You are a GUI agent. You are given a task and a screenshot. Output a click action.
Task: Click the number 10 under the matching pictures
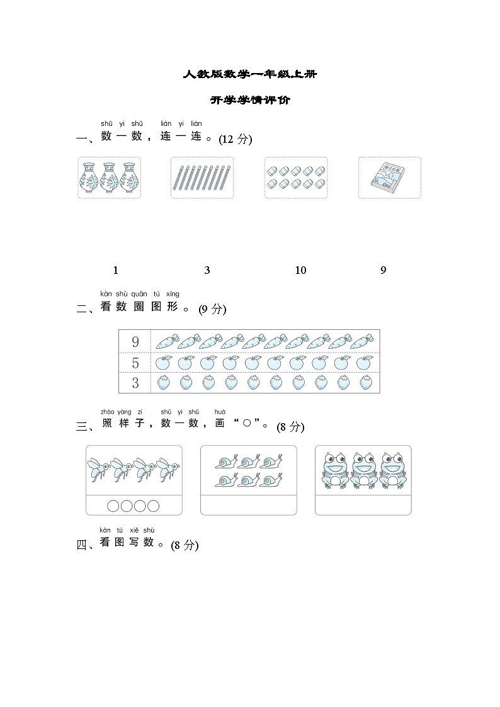point(300,271)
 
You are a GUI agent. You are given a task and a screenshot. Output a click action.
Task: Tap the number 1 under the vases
point(115,271)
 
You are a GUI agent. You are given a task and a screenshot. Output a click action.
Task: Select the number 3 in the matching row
point(207,271)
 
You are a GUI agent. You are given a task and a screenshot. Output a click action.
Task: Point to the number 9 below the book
point(383,271)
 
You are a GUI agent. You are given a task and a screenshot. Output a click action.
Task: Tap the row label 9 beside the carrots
point(135,342)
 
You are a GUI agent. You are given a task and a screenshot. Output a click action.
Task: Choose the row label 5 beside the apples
point(135,363)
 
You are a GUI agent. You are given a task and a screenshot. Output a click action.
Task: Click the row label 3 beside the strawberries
point(135,383)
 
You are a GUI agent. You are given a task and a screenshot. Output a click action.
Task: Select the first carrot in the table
point(166,342)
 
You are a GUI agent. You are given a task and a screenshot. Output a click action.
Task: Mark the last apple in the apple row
point(364,363)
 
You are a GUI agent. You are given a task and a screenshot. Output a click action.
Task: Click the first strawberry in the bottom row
point(163,383)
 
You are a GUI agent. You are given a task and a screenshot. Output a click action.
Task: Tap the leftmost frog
point(336,470)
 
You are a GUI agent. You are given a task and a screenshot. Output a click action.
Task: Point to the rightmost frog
point(392,470)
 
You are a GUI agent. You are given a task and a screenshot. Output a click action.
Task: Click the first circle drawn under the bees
point(113,506)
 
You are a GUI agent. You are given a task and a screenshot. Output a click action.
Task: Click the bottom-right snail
point(271,481)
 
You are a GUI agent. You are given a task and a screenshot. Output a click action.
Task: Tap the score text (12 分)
point(236,140)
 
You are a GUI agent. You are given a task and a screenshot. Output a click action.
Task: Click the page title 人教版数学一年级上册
point(250,74)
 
